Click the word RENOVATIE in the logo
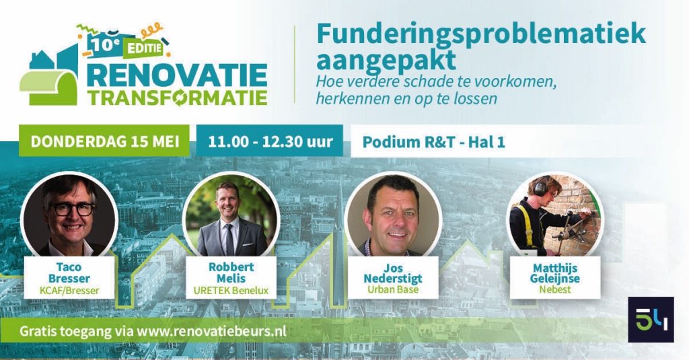177,75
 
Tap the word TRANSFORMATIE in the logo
177,98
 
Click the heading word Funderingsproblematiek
481,34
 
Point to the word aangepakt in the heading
386,61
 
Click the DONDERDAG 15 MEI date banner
104,141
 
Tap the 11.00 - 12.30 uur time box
270,141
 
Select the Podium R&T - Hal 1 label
434,142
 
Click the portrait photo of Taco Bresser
69,215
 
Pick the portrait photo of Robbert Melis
231,215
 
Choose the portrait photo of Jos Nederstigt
393,215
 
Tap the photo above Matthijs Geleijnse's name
555,215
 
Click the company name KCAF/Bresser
69,291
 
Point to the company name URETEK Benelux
231,291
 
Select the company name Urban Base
393,289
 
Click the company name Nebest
555,289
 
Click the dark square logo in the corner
651,320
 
